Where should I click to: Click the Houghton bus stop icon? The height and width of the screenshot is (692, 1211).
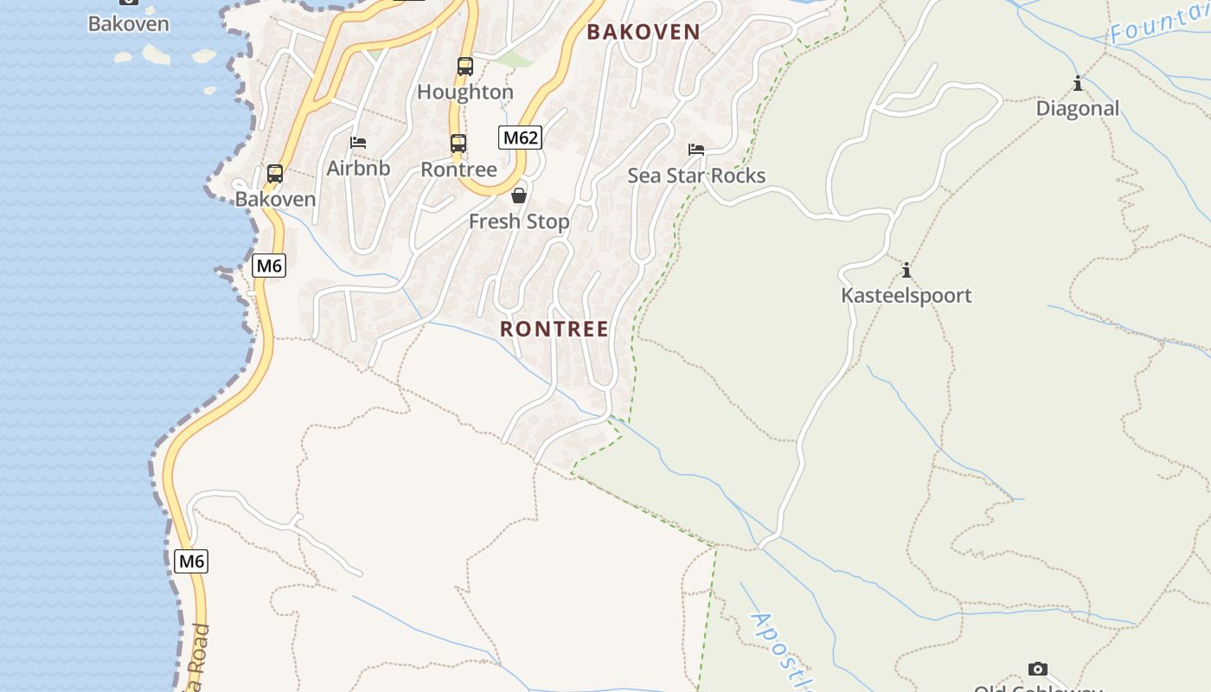(x=465, y=66)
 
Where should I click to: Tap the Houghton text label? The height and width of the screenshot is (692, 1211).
(x=465, y=92)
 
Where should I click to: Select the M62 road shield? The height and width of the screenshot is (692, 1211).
(x=520, y=137)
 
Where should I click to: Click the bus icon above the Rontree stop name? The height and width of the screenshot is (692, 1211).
(x=458, y=144)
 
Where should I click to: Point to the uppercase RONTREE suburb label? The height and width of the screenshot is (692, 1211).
(x=554, y=329)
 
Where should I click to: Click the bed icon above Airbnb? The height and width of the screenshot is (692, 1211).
(x=358, y=143)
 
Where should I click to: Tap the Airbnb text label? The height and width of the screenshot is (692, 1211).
(x=358, y=168)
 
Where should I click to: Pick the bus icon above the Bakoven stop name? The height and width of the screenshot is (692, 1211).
(x=275, y=174)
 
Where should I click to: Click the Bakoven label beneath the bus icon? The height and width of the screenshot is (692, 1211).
(x=275, y=199)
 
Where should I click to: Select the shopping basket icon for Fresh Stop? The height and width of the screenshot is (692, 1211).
(x=519, y=195)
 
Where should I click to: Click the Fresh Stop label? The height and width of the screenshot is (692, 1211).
(x=519, y=221)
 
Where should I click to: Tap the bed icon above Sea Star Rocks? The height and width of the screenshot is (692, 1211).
(x=696, y=150)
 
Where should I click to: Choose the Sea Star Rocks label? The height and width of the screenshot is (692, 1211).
(x=696, y=176)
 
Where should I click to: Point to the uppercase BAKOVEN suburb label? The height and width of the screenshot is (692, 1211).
(x=644, y=32)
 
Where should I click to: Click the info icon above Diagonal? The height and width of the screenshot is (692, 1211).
(x=1078, y=84)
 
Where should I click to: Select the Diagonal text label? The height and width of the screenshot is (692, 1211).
(x=1078, y=108)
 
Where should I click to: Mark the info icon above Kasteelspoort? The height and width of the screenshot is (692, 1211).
(x=907, y=271)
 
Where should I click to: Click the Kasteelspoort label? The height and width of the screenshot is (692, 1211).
(x=907, y=296)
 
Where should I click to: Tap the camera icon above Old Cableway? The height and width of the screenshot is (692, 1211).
(x=1038, y=669)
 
